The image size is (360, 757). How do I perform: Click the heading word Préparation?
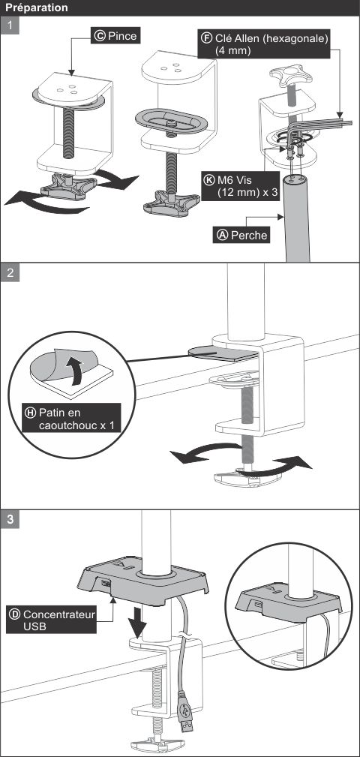point(36,8)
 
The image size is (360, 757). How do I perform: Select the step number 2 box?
point(10,272)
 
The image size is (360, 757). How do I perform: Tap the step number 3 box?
point(10,519)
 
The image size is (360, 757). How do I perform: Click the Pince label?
point(115,36)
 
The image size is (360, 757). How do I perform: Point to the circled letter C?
point(100,36)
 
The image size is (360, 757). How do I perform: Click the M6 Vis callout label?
point(239,186)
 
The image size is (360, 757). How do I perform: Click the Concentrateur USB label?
point(52,620)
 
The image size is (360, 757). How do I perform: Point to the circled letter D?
point(15,614)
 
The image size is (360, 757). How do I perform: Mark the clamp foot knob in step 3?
point(158,743)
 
